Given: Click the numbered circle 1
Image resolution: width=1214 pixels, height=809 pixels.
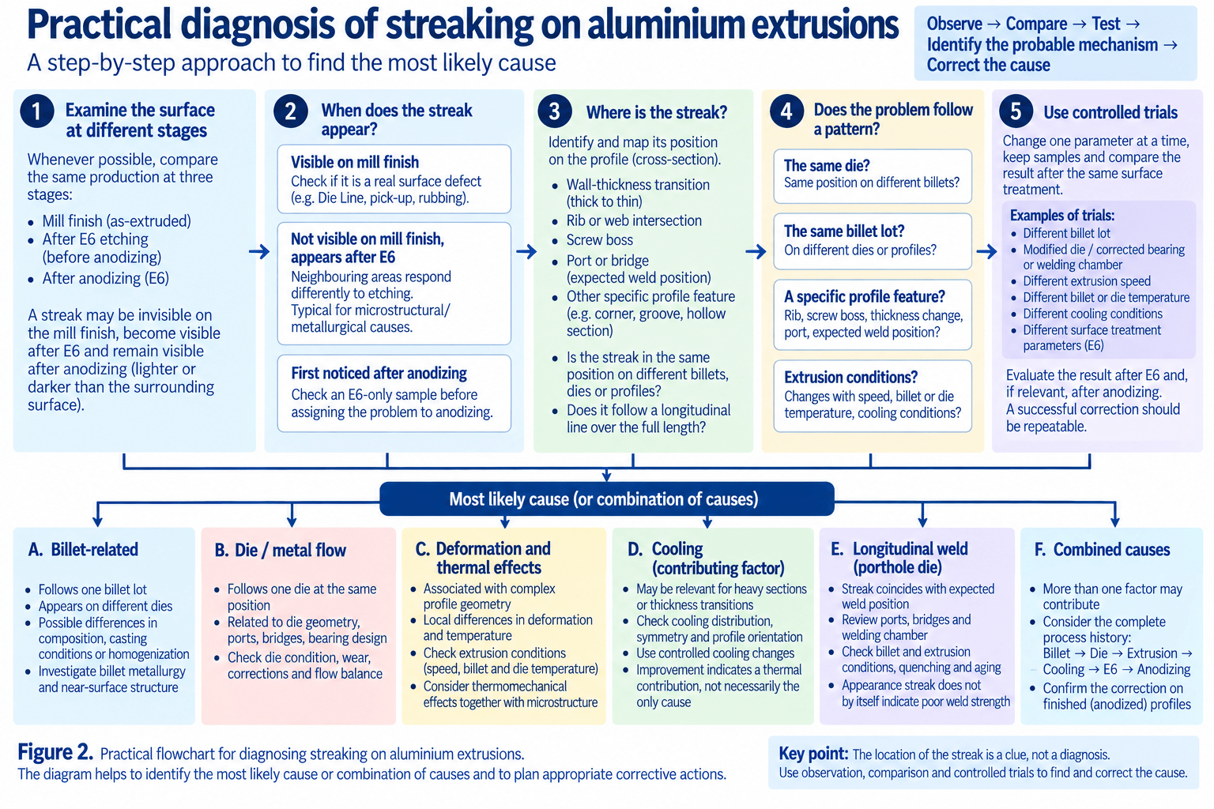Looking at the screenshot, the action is [x=37, y=111].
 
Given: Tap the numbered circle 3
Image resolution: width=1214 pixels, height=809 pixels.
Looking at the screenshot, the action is [x=554, y=111].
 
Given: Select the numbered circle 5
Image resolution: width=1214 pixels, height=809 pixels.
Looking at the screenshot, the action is [x=1016, y=111].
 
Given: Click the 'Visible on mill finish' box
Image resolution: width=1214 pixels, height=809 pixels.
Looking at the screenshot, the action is [x=394, y=179].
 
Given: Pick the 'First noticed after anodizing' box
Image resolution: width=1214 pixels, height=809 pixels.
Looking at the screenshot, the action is [x=394, y=393].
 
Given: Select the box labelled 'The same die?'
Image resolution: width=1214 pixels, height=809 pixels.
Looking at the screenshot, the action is [x=873, y=176].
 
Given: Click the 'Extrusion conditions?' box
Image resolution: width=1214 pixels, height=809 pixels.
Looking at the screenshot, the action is [x=873, y=396].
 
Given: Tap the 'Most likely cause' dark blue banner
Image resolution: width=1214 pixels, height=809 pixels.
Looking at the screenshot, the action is [x=606, y=499].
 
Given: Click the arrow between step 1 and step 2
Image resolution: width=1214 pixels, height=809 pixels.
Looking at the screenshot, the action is [x=259, y=251].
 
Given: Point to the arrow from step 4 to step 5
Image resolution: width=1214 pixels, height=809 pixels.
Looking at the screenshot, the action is [x=987, y=251].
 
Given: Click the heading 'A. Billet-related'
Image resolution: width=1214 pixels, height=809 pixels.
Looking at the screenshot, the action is [x=83, y=549].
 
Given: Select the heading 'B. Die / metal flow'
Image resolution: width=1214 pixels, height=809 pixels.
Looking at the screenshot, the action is [x=281, y=551].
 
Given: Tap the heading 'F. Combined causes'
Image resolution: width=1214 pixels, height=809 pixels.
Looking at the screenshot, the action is [x=1102, y=549].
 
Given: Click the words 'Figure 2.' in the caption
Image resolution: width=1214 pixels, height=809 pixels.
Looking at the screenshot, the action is [x=55, y=752].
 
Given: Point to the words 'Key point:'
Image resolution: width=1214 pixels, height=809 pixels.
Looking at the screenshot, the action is [x=813, y=753].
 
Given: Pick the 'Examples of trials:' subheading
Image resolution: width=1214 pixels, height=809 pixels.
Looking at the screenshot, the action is [x=1062, y=216].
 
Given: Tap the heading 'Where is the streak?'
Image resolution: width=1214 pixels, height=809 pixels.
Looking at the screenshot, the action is [x=657, y=112].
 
